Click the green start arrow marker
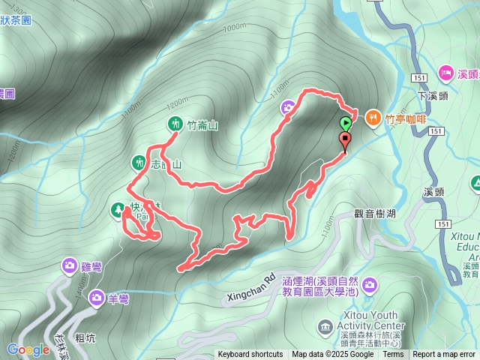[345, 123]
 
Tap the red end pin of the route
[345, 140]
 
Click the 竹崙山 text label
[202, 125]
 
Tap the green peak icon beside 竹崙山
[174, 123]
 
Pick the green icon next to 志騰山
[139, 161]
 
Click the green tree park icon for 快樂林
[118, 209]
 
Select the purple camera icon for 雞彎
[69, 265]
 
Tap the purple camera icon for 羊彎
[97, 298]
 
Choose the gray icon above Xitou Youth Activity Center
[325, 326]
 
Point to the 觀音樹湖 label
[374, 213]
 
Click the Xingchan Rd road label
[250, 289]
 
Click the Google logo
[28, 349]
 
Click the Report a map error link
[444, 355]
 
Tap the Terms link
[393, 355]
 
